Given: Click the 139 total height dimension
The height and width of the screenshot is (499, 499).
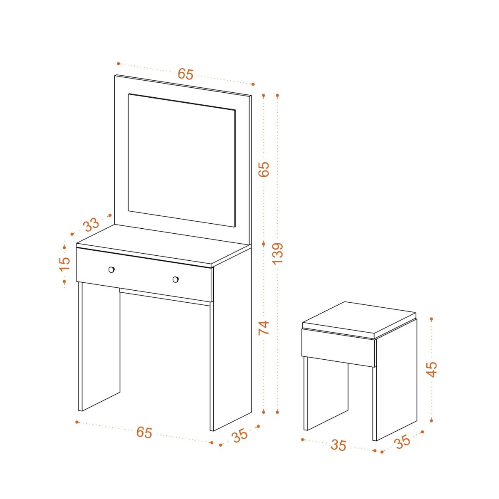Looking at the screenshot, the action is pyautogui.click(x=278, y=253).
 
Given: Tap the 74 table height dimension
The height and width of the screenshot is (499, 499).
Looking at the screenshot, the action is pyautogui.click(x=264, y=328).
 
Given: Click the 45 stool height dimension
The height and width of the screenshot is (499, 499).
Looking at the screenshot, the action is pyautogui.click(x=432, y=369).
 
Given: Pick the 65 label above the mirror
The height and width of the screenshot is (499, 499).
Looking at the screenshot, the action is pyautogui.click(x=185, y=74).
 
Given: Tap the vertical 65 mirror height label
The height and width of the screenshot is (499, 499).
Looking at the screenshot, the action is pyautogui.click(x=264, y=169).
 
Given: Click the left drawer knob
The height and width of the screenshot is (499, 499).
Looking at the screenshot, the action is pyautogui.click(x=111, y=269).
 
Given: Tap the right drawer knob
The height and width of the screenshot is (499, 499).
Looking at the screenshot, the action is pyautogui.click(x=175, y=279).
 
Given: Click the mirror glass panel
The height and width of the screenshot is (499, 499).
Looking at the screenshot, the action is pyautogui.click(x=182, y=160).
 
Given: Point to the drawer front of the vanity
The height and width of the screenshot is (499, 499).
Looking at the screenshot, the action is pyautogui.click(x=144, y=274).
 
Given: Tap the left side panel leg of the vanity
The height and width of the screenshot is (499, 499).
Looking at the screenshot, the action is pyautogui.click(x=99, y=347).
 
